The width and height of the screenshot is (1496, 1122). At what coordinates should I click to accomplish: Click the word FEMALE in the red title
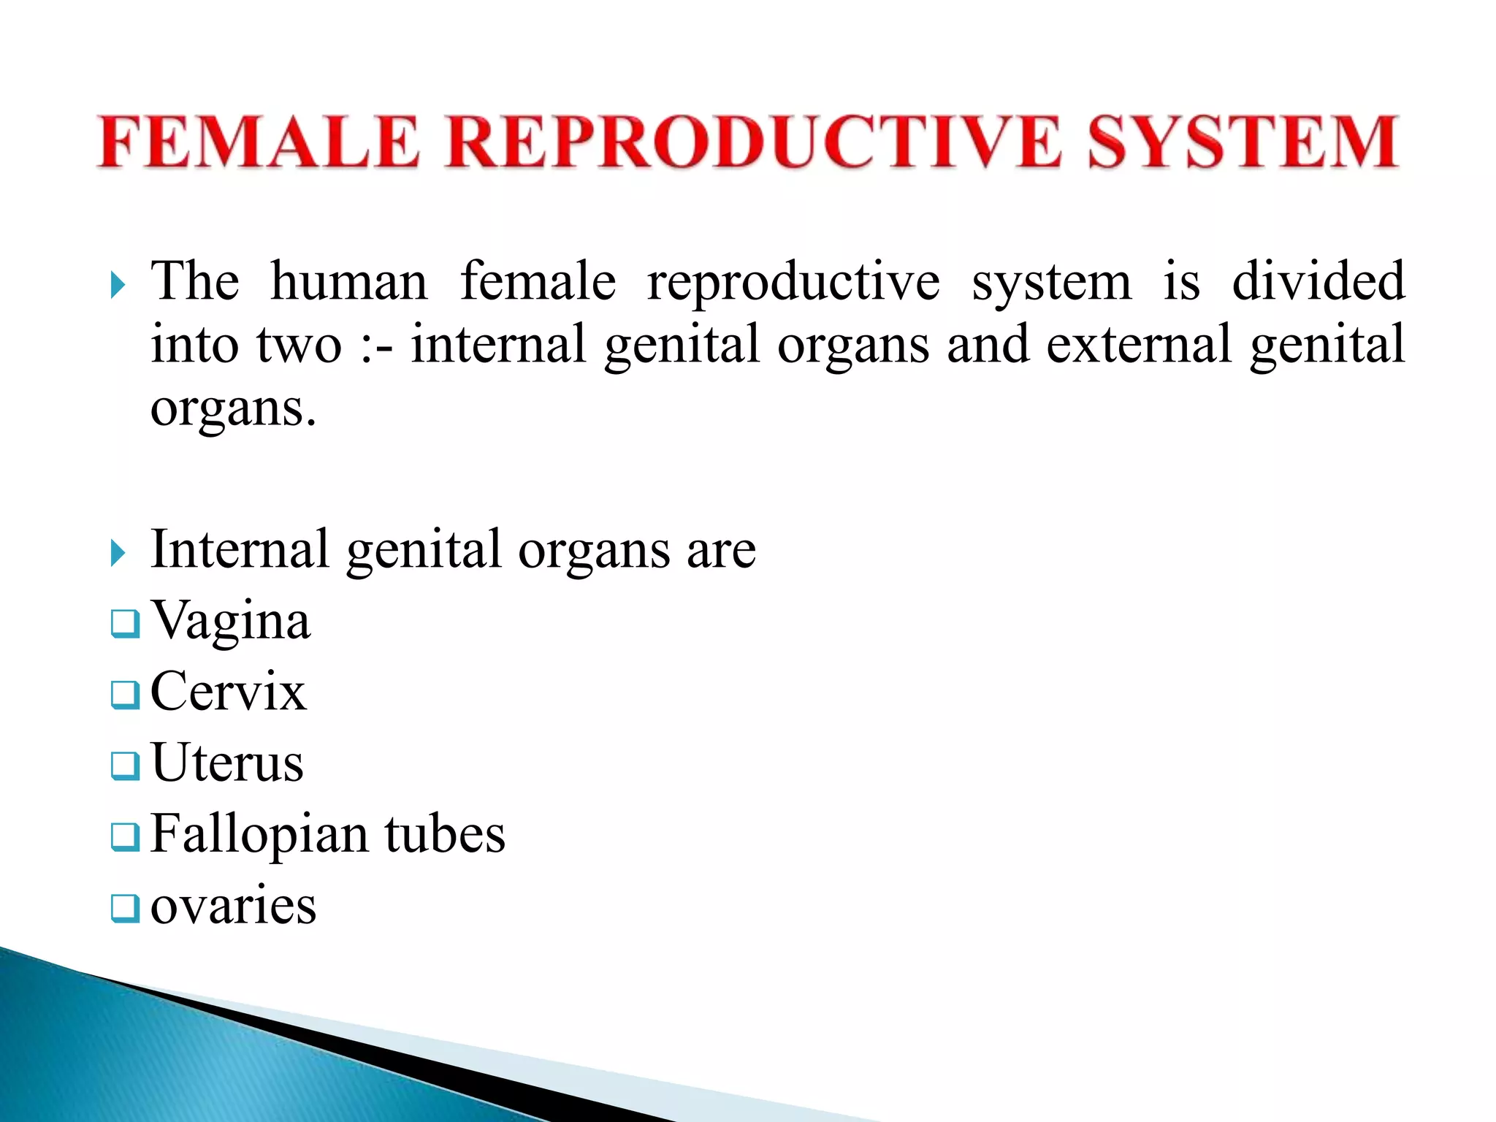point(259,142)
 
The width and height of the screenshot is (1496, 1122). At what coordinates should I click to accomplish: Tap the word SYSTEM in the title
point(1242,142)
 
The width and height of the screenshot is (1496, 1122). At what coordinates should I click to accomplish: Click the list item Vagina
point(231,621)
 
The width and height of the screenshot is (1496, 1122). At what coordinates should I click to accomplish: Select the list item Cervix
point(228,692)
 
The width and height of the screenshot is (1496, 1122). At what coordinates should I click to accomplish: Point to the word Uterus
point(227,763)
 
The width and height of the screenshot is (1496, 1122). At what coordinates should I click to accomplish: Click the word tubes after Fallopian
point(445,834)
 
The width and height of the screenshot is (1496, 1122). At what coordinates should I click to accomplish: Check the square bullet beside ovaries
point(124,909)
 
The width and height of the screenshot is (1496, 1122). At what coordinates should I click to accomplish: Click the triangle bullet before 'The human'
point(118,285)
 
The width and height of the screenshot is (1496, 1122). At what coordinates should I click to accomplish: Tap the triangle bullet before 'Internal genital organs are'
point(118,553)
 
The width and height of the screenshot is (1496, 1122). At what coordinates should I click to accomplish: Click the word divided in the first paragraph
point(1318,281)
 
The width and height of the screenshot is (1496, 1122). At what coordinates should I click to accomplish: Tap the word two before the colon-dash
point(299,346)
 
